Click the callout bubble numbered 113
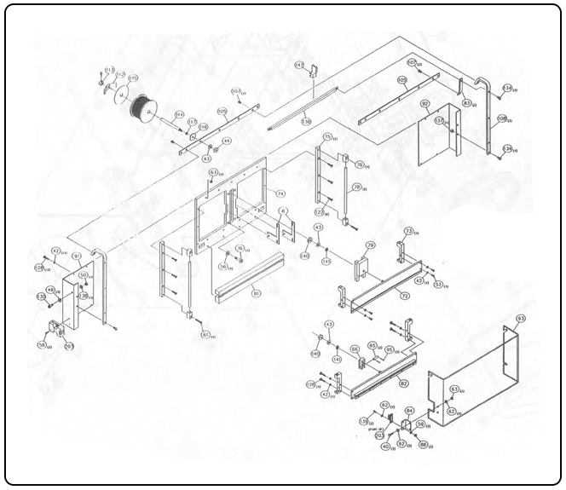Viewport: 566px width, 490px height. (x=109, y=70)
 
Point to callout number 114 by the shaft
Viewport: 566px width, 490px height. (x=179, y=114)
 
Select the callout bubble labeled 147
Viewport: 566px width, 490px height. (x=299, y=65)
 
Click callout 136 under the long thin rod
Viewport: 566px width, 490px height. (x=306, y=122)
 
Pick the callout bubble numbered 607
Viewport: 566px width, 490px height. (x=412, y=63)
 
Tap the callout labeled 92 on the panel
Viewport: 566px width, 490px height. (x=424, y=104)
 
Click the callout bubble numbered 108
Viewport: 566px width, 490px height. (x=502, y=118)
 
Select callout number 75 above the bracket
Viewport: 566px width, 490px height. (x=327, y=137)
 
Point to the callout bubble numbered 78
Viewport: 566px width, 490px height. (x=357, y=187)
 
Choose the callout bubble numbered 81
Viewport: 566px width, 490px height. (x=256, y=292)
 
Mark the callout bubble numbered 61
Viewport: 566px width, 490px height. (x=205, y=335)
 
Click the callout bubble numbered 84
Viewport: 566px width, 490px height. (x=409, y=411)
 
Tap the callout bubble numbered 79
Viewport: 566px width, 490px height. (x=370, y=245)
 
